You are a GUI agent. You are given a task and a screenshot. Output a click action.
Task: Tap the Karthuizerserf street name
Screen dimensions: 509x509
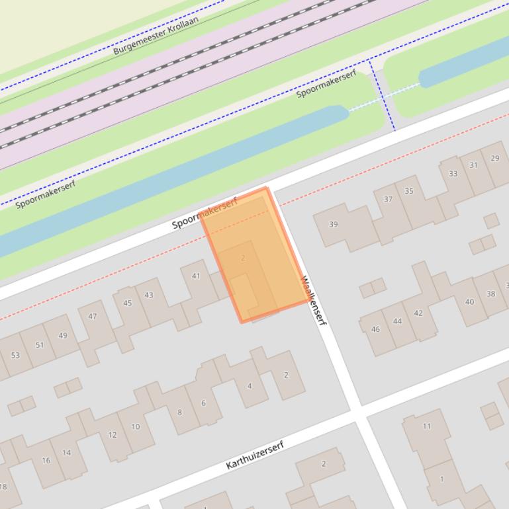[255, 455]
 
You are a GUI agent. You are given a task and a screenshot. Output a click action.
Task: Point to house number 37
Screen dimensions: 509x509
[388, 199]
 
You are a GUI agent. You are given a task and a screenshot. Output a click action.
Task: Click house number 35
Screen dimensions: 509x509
[409, 191]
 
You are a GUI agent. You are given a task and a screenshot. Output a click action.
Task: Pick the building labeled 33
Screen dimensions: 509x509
[453, 174]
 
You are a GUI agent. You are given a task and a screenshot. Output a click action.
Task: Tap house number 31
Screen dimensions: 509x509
[473, 165]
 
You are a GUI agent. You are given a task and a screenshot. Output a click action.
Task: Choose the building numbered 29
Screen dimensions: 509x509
[494, 158]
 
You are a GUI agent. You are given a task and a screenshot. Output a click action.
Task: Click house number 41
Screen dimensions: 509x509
[195, 276]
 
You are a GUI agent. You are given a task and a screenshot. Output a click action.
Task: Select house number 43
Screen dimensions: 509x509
[149, 295]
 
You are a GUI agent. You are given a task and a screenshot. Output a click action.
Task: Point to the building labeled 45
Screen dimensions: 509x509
[127, 303]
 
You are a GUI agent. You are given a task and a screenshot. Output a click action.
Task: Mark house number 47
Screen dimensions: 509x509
[93, 316]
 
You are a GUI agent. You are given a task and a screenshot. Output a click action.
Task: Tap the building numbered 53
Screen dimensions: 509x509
[15, 355]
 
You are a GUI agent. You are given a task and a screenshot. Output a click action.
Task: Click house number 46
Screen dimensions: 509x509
[375, 329]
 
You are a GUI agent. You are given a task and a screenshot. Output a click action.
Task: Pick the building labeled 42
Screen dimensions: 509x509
[418, 313]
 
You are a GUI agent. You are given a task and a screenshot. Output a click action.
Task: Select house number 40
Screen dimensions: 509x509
[469, 302]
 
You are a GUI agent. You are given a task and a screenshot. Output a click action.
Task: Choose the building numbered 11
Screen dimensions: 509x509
[426, 426]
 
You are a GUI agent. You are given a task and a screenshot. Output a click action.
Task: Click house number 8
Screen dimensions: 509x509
[179, 412]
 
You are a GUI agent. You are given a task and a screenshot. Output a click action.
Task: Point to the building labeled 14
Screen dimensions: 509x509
[66, 452]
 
